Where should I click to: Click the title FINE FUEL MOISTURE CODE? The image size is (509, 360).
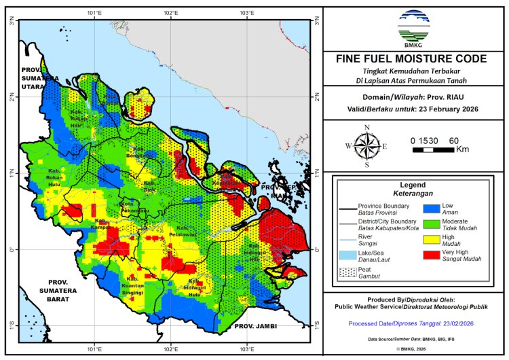point(411,59)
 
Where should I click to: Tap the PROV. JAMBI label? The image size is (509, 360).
point(255,327)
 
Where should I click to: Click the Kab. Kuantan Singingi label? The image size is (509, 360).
point(132,285)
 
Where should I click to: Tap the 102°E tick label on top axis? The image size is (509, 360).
point(171,13)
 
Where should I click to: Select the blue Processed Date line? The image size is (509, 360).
point(412,324)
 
